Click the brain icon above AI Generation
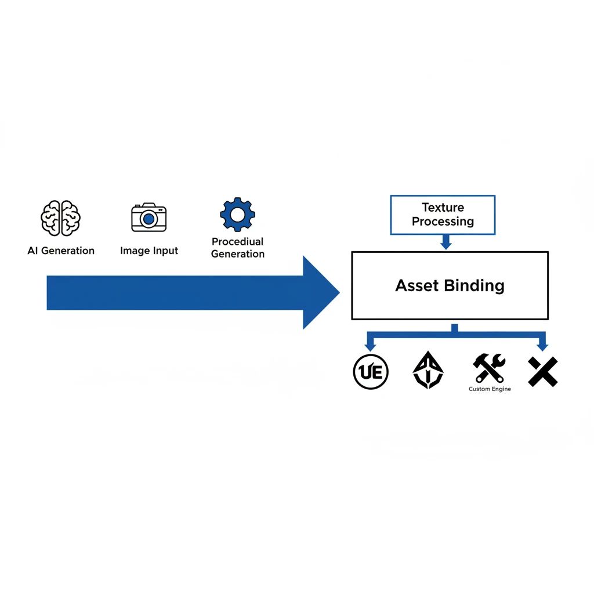60,218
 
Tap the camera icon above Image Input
149,218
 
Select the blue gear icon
237,215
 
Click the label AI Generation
61,251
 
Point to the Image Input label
149,251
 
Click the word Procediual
237,241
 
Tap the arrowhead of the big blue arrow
320,292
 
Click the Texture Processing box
443,215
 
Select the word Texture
443,208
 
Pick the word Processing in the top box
443,222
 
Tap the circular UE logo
371,372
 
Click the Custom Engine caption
490,389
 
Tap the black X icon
543,372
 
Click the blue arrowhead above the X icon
542,347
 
